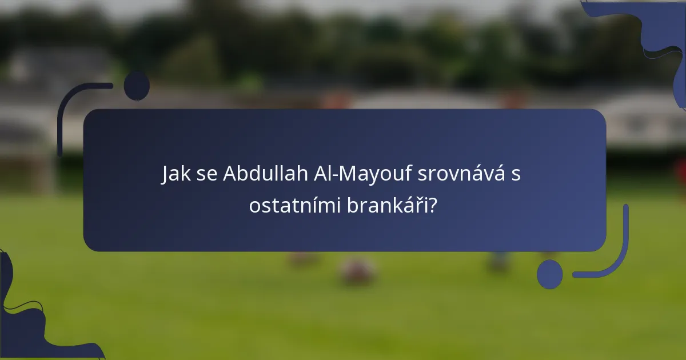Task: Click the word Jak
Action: pyautogui.click(x=175, y=174)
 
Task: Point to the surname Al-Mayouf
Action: pyautogui.click(x=374, y=174)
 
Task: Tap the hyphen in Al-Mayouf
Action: pyautogui.click(x=338, y=175)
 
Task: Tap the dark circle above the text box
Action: pyautogui.click(x=137, y=85)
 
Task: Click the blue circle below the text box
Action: pyautogui.click(x=550, y=274)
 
